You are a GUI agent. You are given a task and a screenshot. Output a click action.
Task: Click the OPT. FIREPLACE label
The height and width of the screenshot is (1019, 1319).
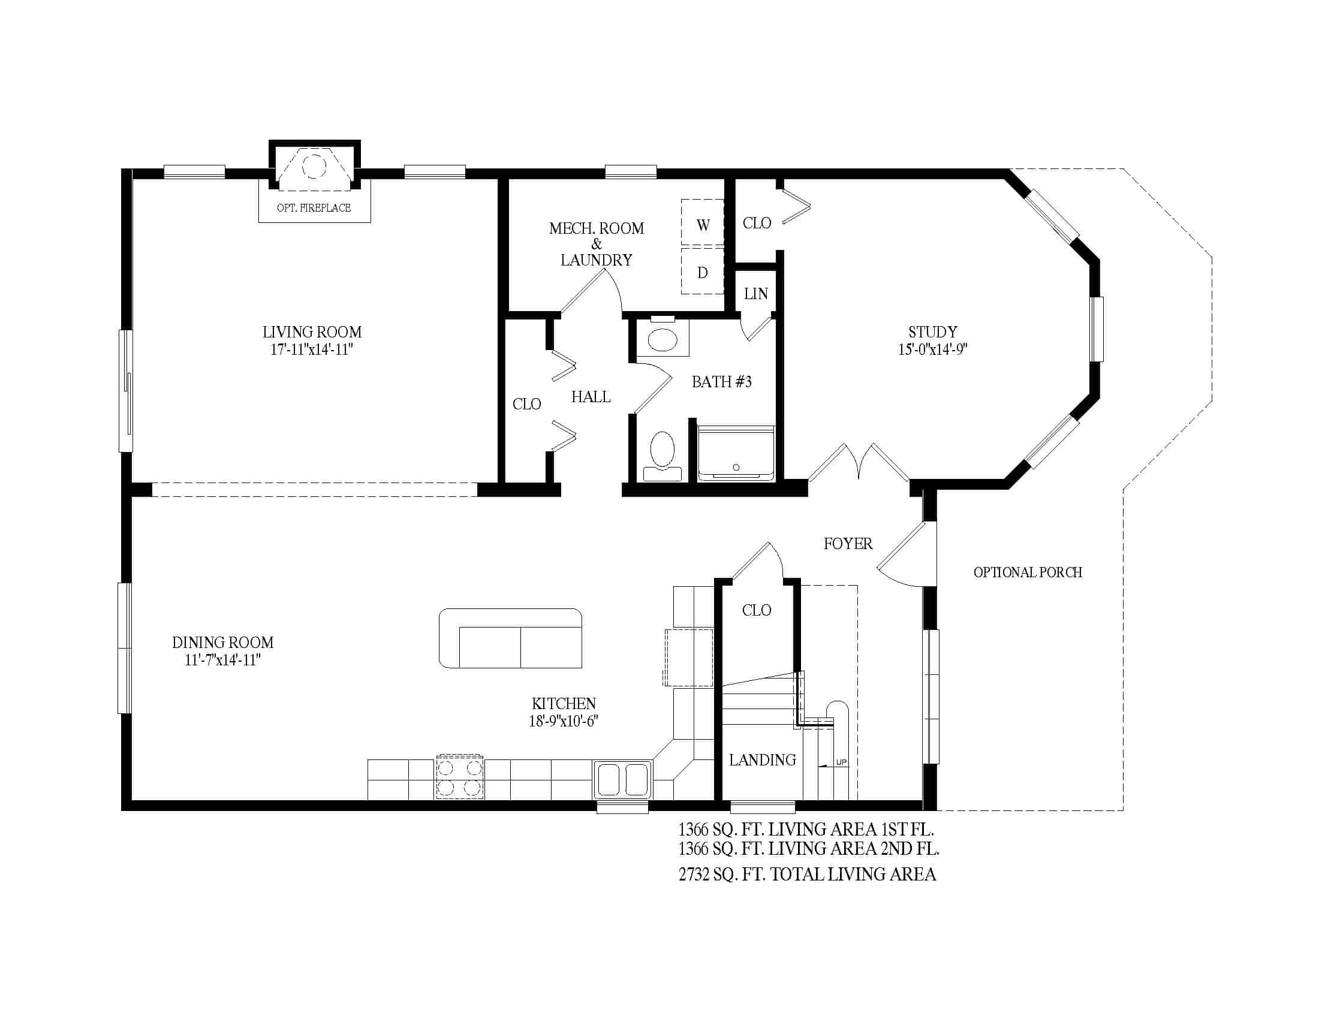(314, 207)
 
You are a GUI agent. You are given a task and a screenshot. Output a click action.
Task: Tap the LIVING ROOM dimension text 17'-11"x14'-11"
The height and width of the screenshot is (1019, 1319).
(312, 349)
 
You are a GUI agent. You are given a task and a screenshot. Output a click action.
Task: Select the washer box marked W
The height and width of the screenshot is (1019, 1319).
(703, 223)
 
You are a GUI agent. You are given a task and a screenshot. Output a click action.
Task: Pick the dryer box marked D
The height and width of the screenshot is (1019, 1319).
(703, 271)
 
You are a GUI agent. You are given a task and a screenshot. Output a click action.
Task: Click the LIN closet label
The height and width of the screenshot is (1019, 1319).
(755, 294)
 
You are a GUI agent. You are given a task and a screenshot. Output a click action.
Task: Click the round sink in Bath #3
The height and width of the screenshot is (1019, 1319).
(662, 339)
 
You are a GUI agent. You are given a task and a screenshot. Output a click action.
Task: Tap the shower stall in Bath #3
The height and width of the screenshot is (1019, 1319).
(736, 453)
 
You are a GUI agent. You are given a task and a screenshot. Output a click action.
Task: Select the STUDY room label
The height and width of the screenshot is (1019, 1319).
(932, 332)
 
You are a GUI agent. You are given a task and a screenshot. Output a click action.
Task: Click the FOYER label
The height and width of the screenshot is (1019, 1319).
(848, 544)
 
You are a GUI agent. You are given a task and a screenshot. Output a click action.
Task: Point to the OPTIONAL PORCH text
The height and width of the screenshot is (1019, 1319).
(1027, 572)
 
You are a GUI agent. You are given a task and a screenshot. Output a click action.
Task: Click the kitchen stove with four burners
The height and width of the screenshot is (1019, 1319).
(460, 777)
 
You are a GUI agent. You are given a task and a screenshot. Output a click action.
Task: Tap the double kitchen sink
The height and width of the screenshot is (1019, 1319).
(622, 779)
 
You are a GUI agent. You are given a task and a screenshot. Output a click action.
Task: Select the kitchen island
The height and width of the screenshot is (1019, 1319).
(510, 638)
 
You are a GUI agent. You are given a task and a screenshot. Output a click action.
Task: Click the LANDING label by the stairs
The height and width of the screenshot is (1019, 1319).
(762, 760)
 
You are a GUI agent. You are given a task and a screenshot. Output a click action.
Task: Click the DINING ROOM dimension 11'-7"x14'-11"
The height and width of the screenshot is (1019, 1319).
(222, 660)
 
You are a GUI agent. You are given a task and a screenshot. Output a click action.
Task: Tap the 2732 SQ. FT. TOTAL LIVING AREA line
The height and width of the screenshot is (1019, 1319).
(808, 874)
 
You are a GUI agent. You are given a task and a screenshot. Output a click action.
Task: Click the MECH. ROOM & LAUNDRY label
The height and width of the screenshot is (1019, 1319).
(596, 244)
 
